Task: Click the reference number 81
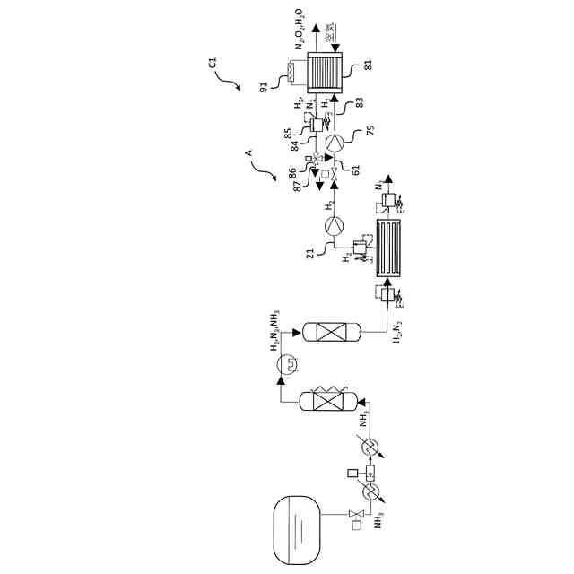(x=369, y=65)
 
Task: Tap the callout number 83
(x=368, y=104)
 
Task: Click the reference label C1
(x=213, y=63)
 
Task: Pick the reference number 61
(x=355, y=170)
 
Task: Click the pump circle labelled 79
(x=335, y=140)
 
